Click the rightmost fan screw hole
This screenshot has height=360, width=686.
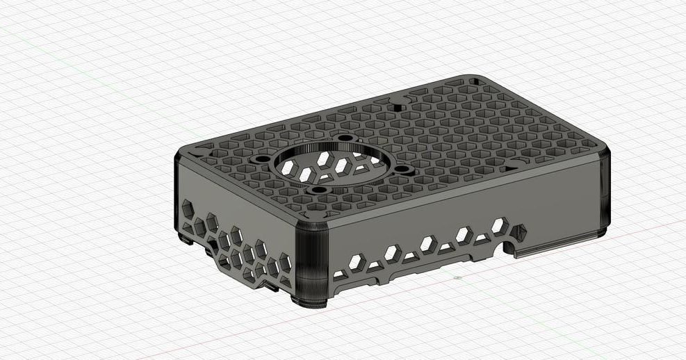(403, 169)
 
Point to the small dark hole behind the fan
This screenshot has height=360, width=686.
(398, 108)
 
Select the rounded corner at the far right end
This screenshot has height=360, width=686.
(602, 188)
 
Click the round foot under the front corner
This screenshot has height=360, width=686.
(313, 302)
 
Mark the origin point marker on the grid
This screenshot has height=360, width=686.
(457, 278)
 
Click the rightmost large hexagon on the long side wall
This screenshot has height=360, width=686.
(498, 225)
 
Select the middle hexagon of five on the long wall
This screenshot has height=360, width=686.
(428, 243)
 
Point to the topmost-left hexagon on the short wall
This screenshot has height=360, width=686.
(187, 208)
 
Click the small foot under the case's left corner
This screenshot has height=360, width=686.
(186, 240)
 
